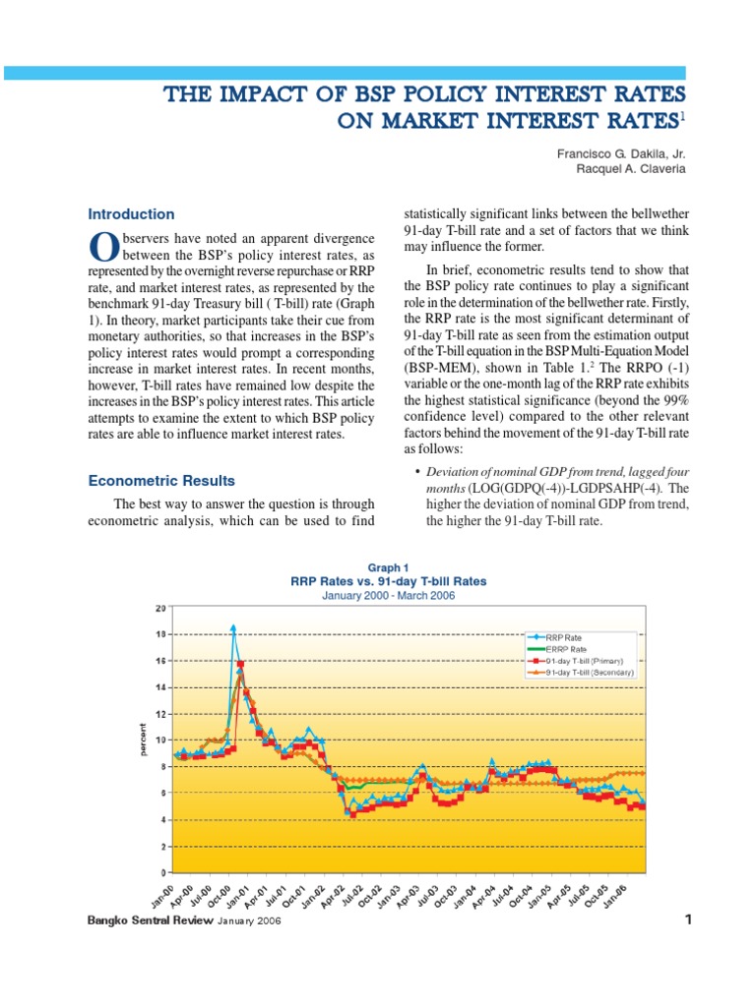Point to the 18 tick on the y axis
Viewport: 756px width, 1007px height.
160,634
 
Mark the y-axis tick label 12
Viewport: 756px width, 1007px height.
160,713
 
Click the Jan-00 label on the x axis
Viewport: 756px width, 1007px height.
160,898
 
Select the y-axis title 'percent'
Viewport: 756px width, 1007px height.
143,740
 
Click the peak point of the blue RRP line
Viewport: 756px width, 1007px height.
233,626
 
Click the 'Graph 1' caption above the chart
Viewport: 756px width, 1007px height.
388,567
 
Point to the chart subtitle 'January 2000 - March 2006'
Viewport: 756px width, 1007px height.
388,596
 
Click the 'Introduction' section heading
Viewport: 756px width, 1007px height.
131,214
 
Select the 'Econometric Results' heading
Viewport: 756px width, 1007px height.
161,481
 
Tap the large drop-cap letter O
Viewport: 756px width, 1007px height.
98,245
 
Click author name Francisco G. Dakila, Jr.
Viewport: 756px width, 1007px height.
624,153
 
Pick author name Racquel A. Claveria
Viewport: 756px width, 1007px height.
631,169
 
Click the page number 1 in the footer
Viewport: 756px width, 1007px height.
688,920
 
